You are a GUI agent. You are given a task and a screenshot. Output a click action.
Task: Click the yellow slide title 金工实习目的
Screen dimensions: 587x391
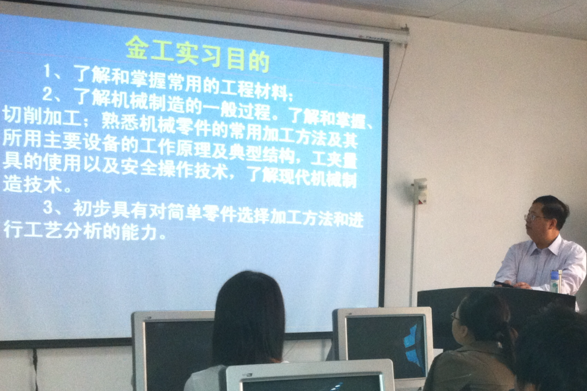coord(198,55)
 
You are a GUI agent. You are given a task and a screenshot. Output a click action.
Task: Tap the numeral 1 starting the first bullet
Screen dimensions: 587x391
coord(48,70)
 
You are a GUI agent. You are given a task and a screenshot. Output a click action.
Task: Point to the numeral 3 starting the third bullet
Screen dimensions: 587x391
coord(48,207)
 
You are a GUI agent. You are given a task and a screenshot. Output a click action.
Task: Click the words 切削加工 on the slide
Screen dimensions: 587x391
coord(42,115)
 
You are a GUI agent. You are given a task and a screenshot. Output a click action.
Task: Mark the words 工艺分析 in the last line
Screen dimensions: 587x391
coord(62,230)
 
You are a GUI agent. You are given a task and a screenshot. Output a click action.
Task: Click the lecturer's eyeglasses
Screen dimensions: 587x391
coord(533,217)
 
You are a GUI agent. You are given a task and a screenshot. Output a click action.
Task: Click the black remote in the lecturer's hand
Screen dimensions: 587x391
coord(503,284)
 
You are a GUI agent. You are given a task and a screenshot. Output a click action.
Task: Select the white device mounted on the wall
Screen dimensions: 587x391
coord(420,191)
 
